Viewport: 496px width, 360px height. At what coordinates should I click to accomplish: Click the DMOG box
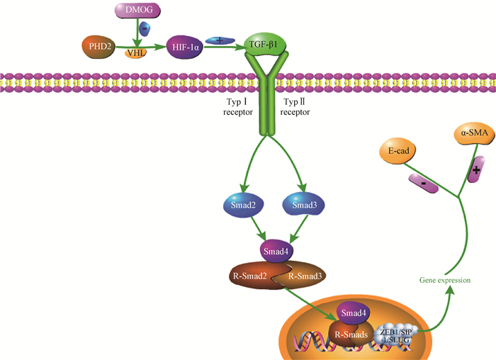[138, 10]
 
